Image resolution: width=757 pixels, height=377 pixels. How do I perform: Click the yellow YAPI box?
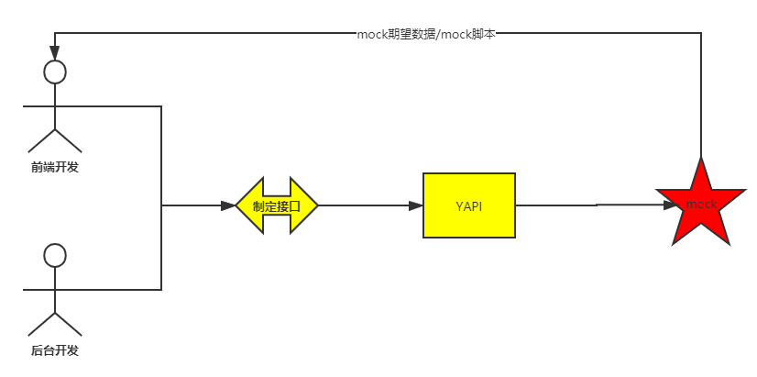(x=468, y=205)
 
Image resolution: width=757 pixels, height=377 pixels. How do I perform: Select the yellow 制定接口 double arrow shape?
(x=277, y=205)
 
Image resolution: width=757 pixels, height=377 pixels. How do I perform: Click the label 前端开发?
(x=55, y=167)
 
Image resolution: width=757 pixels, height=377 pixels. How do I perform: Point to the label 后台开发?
(x=55, y=350)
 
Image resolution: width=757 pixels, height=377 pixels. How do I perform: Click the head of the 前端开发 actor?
(x=55, y=72)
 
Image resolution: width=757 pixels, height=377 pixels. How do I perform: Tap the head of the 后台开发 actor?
(x=55, y=255)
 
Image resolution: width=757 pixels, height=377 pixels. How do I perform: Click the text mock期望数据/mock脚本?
(x=426, y=34)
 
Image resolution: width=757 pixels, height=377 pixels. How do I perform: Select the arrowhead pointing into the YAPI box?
(x=415, y=205)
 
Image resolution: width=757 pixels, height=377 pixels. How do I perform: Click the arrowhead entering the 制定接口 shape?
(x=228, y=205)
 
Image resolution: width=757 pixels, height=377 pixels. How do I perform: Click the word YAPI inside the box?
(x=468, y=205)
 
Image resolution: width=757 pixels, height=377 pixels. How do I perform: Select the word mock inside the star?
(x=701, y=204)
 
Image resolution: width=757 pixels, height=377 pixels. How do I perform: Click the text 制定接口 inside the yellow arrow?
(x=277, y=205)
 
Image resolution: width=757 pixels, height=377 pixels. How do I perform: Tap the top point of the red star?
(x=701, y=161)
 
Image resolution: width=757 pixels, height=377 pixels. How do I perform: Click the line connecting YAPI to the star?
(x=587, y=205)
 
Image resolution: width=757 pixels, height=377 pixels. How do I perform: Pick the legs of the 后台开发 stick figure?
(x=55, y=323)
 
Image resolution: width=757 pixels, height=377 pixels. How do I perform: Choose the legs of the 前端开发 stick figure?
(x=55, y=139)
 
